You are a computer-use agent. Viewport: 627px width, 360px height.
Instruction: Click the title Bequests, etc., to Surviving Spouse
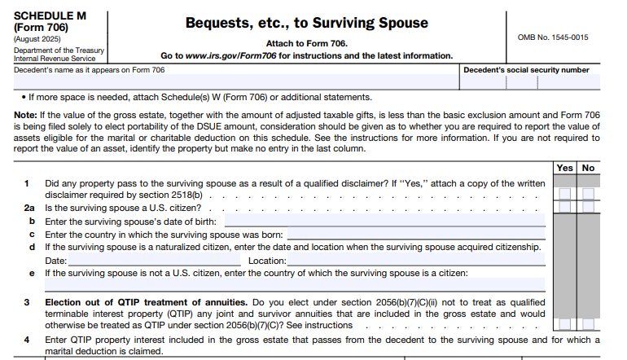[306, 22]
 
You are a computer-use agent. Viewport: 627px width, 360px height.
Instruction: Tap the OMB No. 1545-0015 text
[553, 37]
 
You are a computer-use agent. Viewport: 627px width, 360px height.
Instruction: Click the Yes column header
[565, 168]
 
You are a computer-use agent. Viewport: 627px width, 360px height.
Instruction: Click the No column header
[589, 168]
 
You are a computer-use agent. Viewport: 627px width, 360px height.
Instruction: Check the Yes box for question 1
[565, 195]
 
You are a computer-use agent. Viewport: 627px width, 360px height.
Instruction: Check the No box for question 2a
[589, 208]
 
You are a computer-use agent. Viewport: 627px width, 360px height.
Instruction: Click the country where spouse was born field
[415, 234]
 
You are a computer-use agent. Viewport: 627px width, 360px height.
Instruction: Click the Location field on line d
[416, 261]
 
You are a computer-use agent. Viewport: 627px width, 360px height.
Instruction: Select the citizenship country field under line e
[293, 286]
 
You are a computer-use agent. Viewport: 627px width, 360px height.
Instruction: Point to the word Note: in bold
[25, 115]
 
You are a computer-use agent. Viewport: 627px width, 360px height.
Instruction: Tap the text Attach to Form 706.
[306, 43]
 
